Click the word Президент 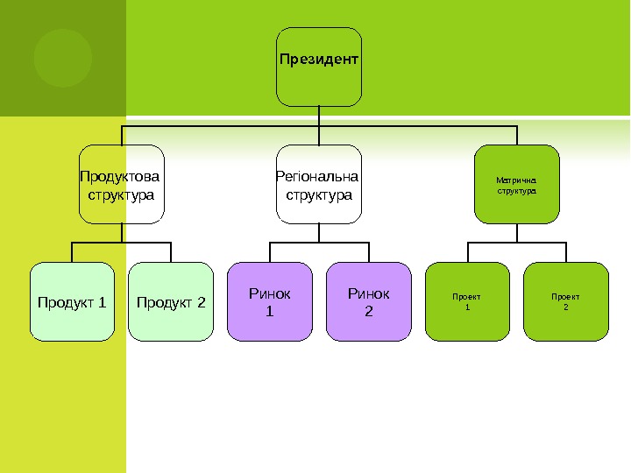pyautogui.click(x=319, y=60)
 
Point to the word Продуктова pyautogui.click(x=122, y=175)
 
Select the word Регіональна pyautogui.click(x=319, y=175)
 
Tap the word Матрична pyautogui.click(x=516, y=180)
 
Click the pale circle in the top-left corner pyautogui.click(x=63, y=58)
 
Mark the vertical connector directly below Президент pyautogui.click(x=319, y=116)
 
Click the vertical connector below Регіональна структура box pyautogui.click(x=319, y=232)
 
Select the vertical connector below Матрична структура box pyautogui.click(x=517, y=232)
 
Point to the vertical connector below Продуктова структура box pyautogui.click(x=122, y=232)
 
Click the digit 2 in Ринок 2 pyautogui.click(x=368, y=309)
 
